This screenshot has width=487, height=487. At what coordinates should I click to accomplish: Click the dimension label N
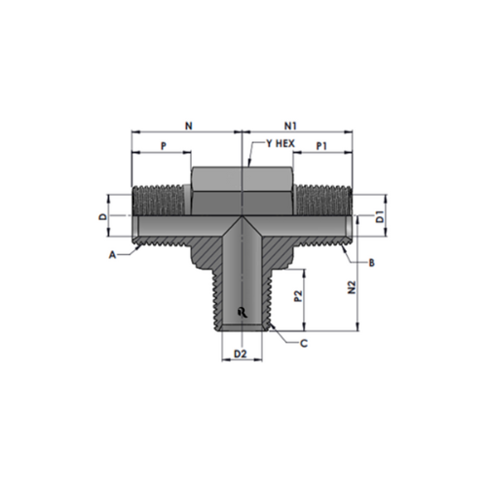(x=189, y=126)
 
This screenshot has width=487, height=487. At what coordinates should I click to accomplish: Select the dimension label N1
(x=290, y=126)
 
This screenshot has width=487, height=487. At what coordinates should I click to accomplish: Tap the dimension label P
(x=164, y=146)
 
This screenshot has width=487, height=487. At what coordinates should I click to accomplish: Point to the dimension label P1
(x=321, y=146)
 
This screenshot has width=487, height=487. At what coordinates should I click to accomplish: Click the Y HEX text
(x=281, y=143)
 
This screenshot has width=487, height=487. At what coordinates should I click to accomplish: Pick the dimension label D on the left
(x=103, y=216)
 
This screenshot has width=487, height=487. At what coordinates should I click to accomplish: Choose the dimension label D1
(x=380, y=216)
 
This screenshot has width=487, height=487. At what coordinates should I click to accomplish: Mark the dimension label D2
(x=241, y=354)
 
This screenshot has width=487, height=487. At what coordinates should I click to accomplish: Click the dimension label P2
(x=298, y=296)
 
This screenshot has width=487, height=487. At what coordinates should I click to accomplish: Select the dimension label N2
(x=352, y=287)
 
